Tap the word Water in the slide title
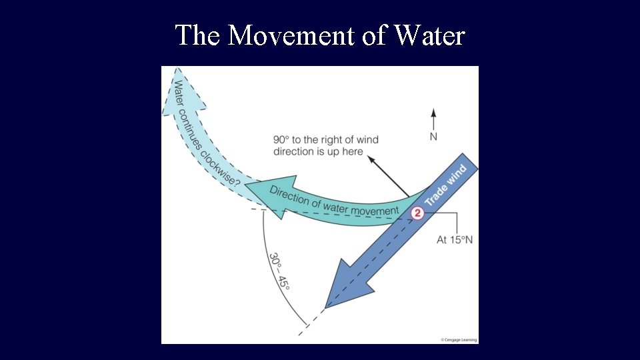click(429, 35)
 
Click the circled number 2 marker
click(417, 213)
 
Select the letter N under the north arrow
click(433, 137)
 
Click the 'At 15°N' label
click(455, 239)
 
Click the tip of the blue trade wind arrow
click(325, 307)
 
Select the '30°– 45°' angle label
click(279, 271)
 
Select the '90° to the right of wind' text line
click(325, 139)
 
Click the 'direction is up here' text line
click(318, 151)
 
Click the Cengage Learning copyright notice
click(458, 339)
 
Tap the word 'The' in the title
click(197, 35)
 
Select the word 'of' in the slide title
click(373, 35)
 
